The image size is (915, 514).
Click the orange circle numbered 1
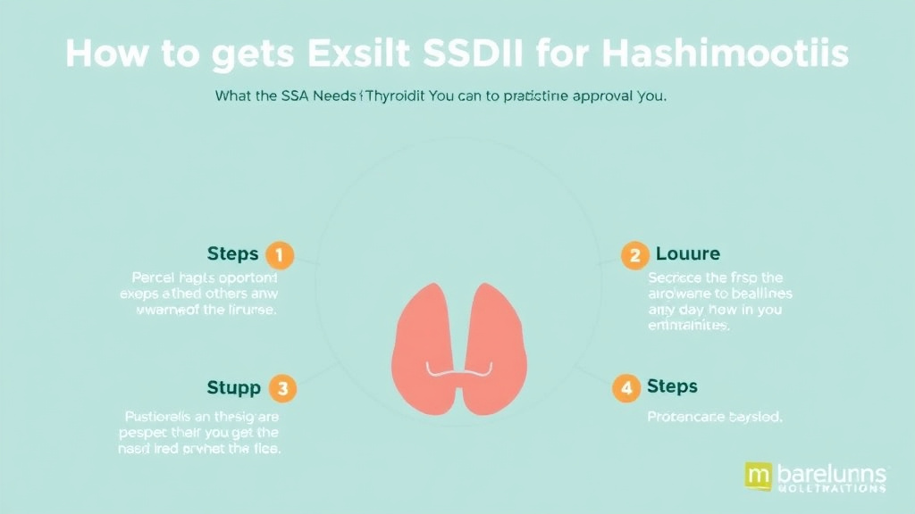pyautogui.click(x=280, y=255)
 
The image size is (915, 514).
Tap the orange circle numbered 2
pyautogui.click(x=634, y=255)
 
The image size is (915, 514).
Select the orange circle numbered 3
pyautogui.click(x=283, y=388)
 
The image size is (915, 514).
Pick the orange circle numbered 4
pyautogui.click(x=626, y=387)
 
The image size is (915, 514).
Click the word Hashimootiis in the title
pyautogui.click(x=726, y=54)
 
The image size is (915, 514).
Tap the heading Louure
pyautogui.click(x=688, y=255)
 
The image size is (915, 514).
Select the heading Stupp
pyautogui.click(x=234, y=388)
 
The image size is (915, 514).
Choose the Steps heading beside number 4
pyautogui.click(x=672, y=387)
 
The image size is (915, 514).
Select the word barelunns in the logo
pyautogui.click(x=834, y=472)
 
